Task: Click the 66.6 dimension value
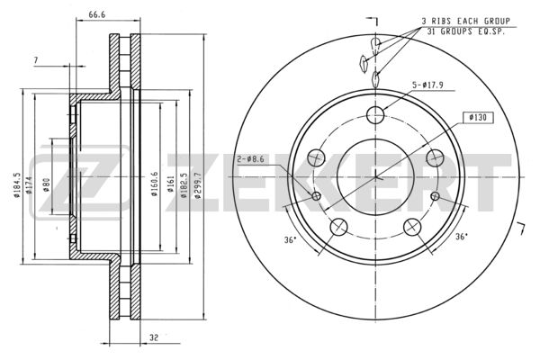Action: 97,14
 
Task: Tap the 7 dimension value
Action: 36,60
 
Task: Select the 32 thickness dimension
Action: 154,337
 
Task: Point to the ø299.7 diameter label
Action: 198,185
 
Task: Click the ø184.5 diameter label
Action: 17,185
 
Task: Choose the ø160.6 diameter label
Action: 155,184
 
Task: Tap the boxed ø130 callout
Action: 478,118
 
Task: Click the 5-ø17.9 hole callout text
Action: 428,85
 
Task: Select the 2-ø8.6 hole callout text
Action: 250,159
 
